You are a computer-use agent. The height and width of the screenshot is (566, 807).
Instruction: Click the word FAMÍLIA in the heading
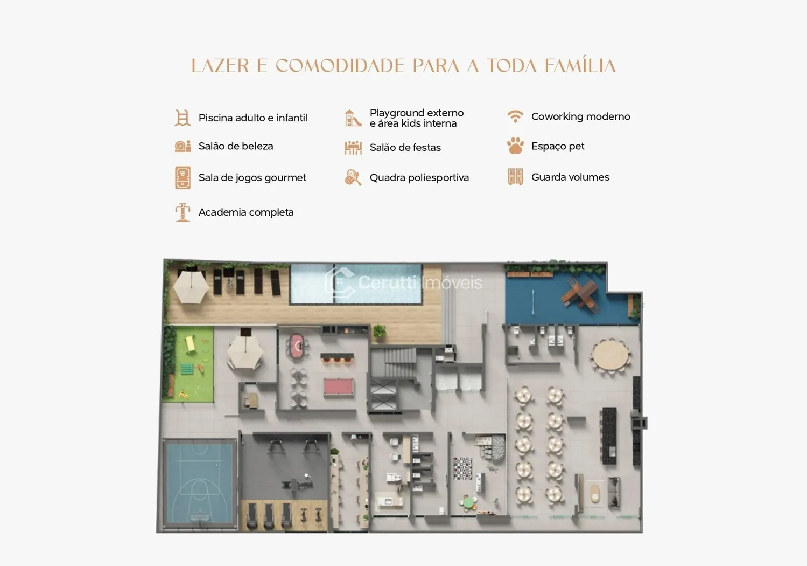[x=580, y=65]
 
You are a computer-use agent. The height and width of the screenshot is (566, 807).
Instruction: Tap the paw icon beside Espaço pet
[x=515, y=146]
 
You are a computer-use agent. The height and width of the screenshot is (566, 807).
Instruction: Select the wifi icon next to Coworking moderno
[x=515, y=116]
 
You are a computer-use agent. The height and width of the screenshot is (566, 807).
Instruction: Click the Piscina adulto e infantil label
[x=253, y=118]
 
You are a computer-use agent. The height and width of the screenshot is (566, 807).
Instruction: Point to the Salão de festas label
[x=405, y=147]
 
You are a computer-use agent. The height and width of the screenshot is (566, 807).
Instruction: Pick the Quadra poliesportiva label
[x=419, y=177]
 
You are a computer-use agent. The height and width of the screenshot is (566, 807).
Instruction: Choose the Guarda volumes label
[x=570, y=177]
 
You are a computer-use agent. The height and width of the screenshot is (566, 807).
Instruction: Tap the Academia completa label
[x=245, y=212]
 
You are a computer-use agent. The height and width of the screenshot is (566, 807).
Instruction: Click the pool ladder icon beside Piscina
[x=183, y=118]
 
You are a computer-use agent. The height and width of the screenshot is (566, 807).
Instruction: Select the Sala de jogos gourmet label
[x=252, y=177]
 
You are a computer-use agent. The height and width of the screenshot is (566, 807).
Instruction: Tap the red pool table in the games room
[x=338, y=386]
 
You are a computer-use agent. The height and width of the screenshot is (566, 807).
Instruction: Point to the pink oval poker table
[x=298, y=346]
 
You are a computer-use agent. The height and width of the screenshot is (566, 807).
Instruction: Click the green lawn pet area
[x=188, y=364]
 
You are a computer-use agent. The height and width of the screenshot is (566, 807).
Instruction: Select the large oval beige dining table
[x=610, y=355]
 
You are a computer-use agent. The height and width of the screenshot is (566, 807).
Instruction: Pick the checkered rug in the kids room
[x=462, y=468]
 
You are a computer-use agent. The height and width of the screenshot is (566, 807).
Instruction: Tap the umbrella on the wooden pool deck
[x=191, y=287]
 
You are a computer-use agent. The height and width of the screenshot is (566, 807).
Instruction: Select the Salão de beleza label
[x=236, y=146]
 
